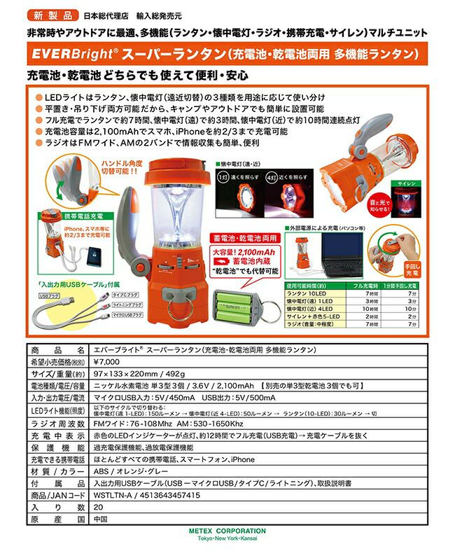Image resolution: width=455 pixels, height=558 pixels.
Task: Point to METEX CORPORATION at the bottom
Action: (227, 531)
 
